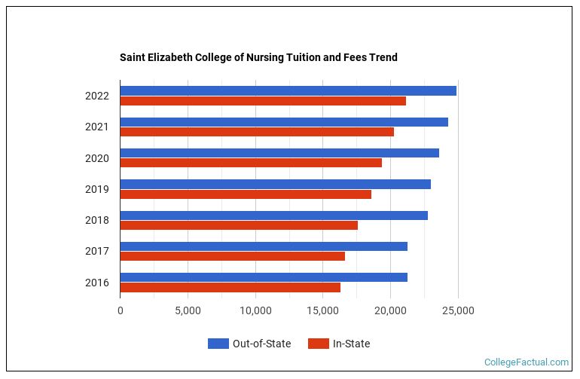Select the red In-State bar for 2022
point(263,101)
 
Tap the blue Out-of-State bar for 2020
point(279,153)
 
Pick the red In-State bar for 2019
point(246,194)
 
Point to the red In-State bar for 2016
point(230,287)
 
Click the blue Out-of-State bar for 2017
point(264,246)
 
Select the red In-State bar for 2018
point(239,225)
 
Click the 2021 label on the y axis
point(96,127)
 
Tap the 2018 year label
point(96,221)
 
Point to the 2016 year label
point(96,283)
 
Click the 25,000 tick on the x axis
point(458,310)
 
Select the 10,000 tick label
point(255,310)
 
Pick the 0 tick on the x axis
point(121,310)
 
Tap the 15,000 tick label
point(323,310)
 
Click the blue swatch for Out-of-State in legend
point(218,344)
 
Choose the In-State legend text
point(351,344)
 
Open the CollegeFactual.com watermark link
point(526,362)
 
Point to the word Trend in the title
point(383,57)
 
